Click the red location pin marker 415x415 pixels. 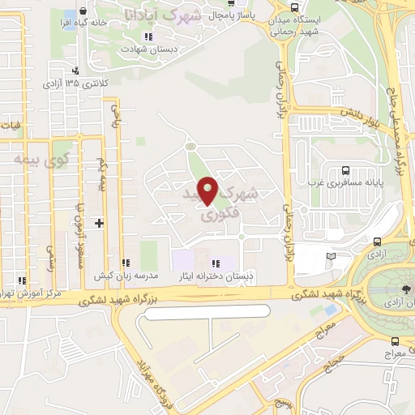[x=209, y=190]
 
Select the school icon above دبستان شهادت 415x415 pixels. [x=147, y=37]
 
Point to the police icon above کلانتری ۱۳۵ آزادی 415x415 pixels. [x=75, y=71]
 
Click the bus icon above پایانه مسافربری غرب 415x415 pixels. [x=346, y=170]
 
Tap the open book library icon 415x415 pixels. [x=331, y=257]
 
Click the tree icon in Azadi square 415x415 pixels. [x=406, y=289]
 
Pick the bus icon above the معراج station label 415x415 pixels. [x=395, y=341]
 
